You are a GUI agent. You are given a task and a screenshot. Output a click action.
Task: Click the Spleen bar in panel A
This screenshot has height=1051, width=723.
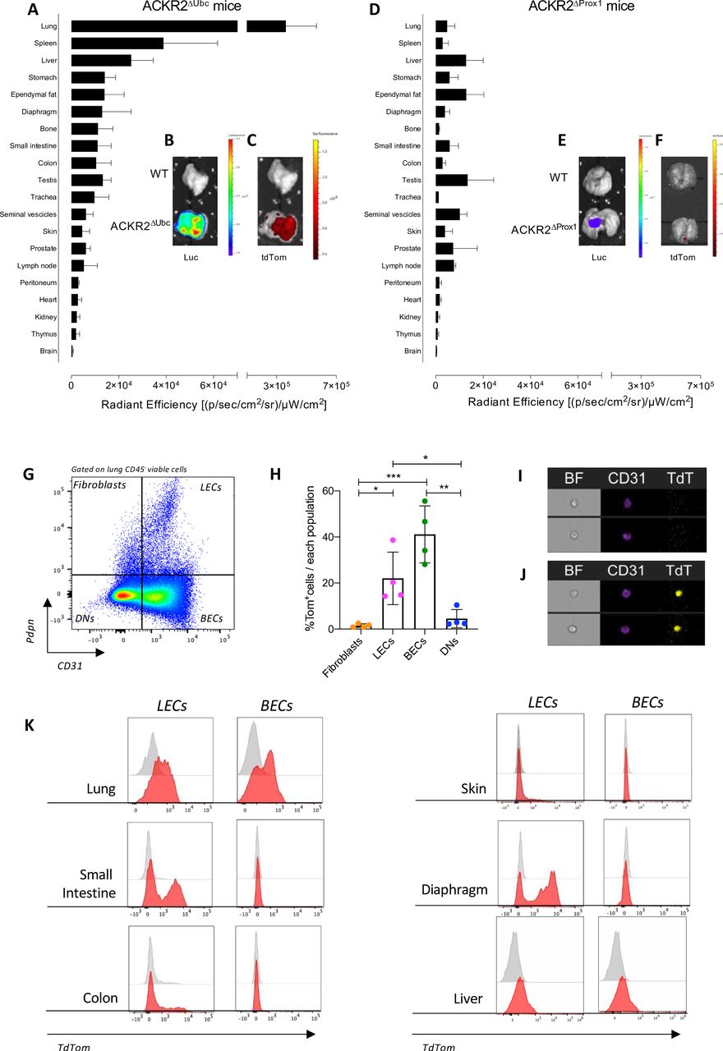[117, 43]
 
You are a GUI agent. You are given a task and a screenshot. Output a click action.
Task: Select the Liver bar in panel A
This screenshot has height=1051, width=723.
[101, 60]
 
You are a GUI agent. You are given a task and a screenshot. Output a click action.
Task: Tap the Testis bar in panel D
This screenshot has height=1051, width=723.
[451, 180]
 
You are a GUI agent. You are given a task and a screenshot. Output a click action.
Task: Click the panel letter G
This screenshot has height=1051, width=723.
[53, 474]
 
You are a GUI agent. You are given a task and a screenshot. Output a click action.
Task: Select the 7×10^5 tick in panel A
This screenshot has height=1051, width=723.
[335, 385]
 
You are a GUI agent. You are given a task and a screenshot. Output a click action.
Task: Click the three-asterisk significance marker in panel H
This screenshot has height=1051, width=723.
[393, 476]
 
